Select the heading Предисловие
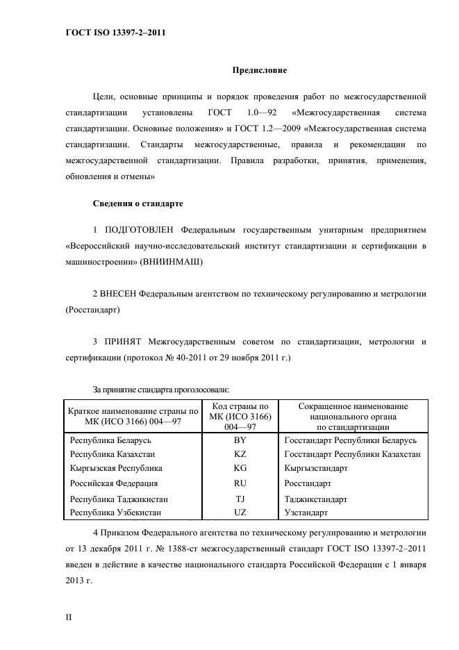point(258,70)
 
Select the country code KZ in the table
point(240,454)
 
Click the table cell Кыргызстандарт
point(316,468)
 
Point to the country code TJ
point(240,499)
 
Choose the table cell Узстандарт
point(306,512)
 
